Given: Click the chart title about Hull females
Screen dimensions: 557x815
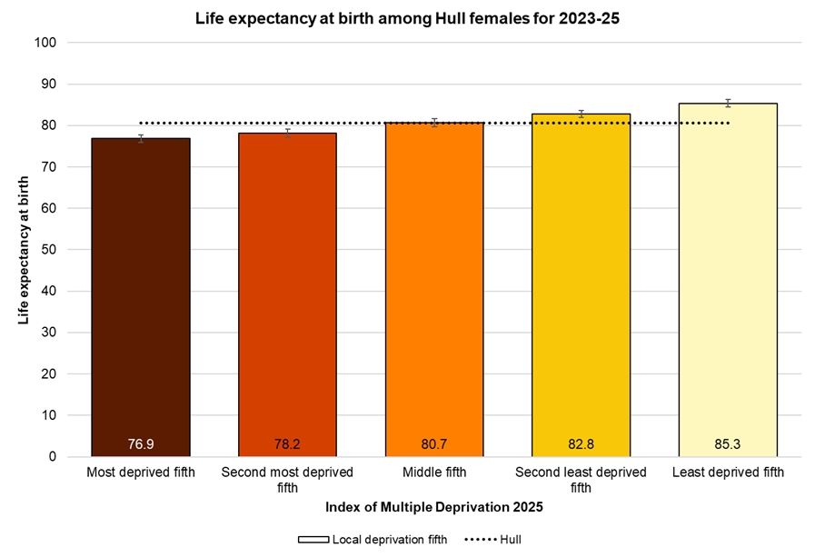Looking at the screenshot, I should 407,18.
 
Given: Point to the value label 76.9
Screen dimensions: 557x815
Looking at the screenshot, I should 141,444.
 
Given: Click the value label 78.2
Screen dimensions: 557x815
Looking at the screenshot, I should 287,444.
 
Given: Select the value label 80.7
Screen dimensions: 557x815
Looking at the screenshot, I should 434,444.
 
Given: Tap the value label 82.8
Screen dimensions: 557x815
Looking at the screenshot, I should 581,444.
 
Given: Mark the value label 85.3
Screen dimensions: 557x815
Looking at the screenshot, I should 728,444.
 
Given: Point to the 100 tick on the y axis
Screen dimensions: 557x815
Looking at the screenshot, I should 46,43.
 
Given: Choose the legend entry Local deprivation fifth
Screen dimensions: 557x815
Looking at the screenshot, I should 373,539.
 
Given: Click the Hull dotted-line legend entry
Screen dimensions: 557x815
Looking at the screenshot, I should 493,539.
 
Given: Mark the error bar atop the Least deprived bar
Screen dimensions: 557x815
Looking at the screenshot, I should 728,103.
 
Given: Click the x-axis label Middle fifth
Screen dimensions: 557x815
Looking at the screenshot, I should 434,472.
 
